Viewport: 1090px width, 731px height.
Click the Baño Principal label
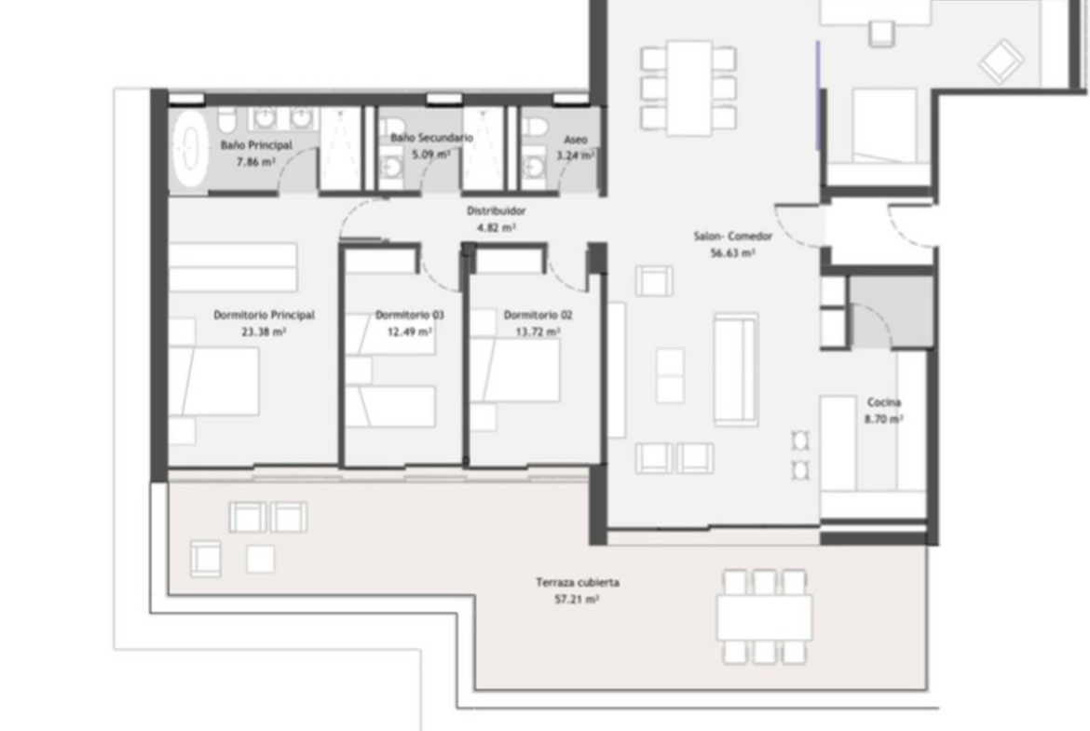(x=256, y=145)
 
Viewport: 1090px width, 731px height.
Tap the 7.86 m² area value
(x=256, y=162)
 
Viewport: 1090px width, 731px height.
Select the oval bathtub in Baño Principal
(x=190, y=149)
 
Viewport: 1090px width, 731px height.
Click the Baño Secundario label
(x=431, y=138)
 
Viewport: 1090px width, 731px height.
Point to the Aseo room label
(x=576, y=140)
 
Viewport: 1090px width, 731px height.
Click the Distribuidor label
(x=497, y=210)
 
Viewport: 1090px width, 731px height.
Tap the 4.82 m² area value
(x=497, y=227)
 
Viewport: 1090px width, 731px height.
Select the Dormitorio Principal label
(x=265, y=315)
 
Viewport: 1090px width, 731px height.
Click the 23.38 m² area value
(x=265, y=332)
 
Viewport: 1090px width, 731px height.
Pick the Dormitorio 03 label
(x=409, y=315)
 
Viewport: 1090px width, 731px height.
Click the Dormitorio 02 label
(x=538, y=315)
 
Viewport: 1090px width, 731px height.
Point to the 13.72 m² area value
(x=538, y=332)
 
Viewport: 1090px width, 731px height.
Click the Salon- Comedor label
(x=732, y=237)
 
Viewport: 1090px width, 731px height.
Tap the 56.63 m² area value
(x=732, y=253)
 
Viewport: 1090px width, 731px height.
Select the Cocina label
(x=884, y=402)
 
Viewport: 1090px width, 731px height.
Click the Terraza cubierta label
(x=578, y=582)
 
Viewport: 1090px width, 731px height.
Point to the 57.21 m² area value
(x=578, y=599)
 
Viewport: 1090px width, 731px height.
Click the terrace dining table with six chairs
(x=765, y=617)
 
